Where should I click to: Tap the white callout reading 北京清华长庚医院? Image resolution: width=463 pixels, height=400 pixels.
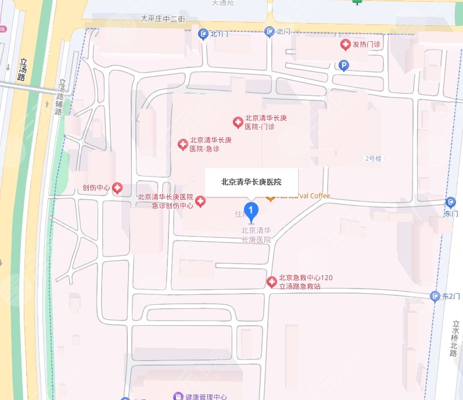[x=251, y=182]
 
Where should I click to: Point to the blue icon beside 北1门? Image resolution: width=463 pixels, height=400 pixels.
[x=203, y=34]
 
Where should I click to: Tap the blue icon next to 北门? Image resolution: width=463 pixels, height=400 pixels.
[x=269, y=31]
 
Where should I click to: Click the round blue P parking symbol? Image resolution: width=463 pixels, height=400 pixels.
[x=344, y=66]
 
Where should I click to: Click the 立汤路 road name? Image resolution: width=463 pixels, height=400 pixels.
[x=23, y=70]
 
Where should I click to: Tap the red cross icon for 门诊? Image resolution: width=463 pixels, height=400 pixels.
[x=238, y=122]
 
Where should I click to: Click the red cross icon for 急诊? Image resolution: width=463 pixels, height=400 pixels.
[x=182, y=144]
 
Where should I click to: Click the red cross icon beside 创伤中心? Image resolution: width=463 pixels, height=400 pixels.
[x=117, y=188]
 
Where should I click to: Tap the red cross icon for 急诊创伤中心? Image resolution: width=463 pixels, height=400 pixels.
[x=200, y=201]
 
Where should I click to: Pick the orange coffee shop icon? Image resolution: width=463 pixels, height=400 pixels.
[x=270, y=197]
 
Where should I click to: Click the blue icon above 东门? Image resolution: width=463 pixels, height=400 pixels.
[x=451, y=202]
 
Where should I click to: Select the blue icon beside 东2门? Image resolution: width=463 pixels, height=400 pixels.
[x=435, y=297]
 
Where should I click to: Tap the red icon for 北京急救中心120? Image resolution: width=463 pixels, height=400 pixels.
[x=271, y=282]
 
